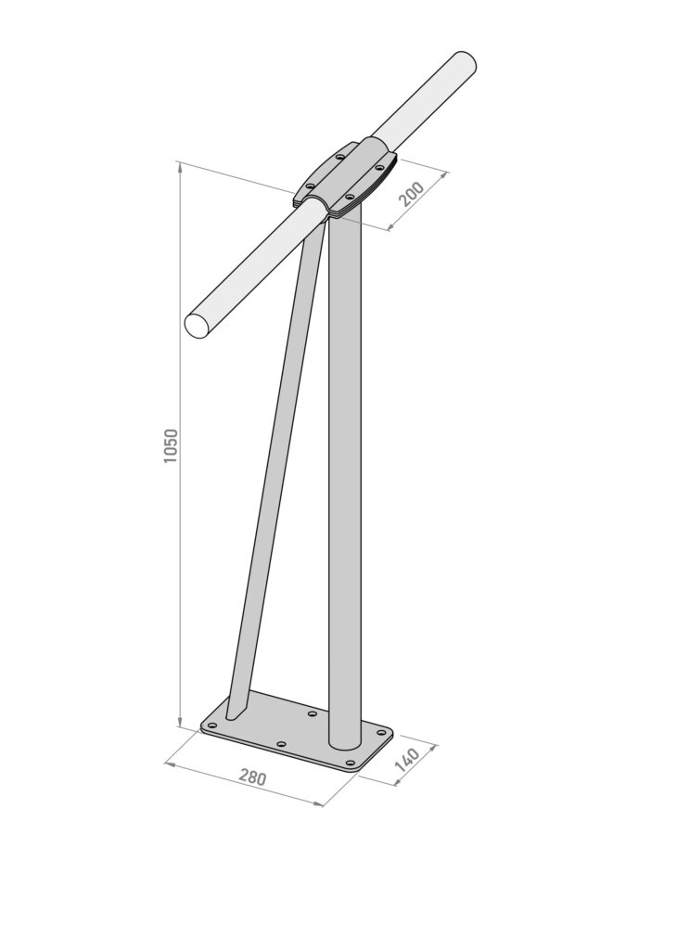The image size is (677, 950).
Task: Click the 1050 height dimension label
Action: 172,446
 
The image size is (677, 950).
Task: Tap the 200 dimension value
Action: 413,194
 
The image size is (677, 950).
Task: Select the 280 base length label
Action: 251,777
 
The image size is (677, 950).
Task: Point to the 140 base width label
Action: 407,760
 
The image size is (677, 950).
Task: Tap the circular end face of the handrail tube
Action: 198,325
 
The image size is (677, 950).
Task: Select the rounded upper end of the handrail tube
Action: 465,63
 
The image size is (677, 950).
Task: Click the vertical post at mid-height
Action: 345,472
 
